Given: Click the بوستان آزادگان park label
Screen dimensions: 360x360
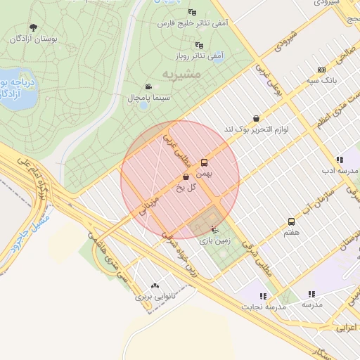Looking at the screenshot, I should (29, 38).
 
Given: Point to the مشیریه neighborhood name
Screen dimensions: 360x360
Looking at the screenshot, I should (181, 73).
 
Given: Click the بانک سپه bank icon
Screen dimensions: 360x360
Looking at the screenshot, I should (321, 70).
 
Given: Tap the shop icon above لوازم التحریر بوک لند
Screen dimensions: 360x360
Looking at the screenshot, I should (255, 119).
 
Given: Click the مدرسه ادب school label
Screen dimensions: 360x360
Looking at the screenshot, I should (341, 171).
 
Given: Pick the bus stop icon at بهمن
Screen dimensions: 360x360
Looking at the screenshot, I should (204, 161).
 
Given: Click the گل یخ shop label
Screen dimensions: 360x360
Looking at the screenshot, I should (186, 187).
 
